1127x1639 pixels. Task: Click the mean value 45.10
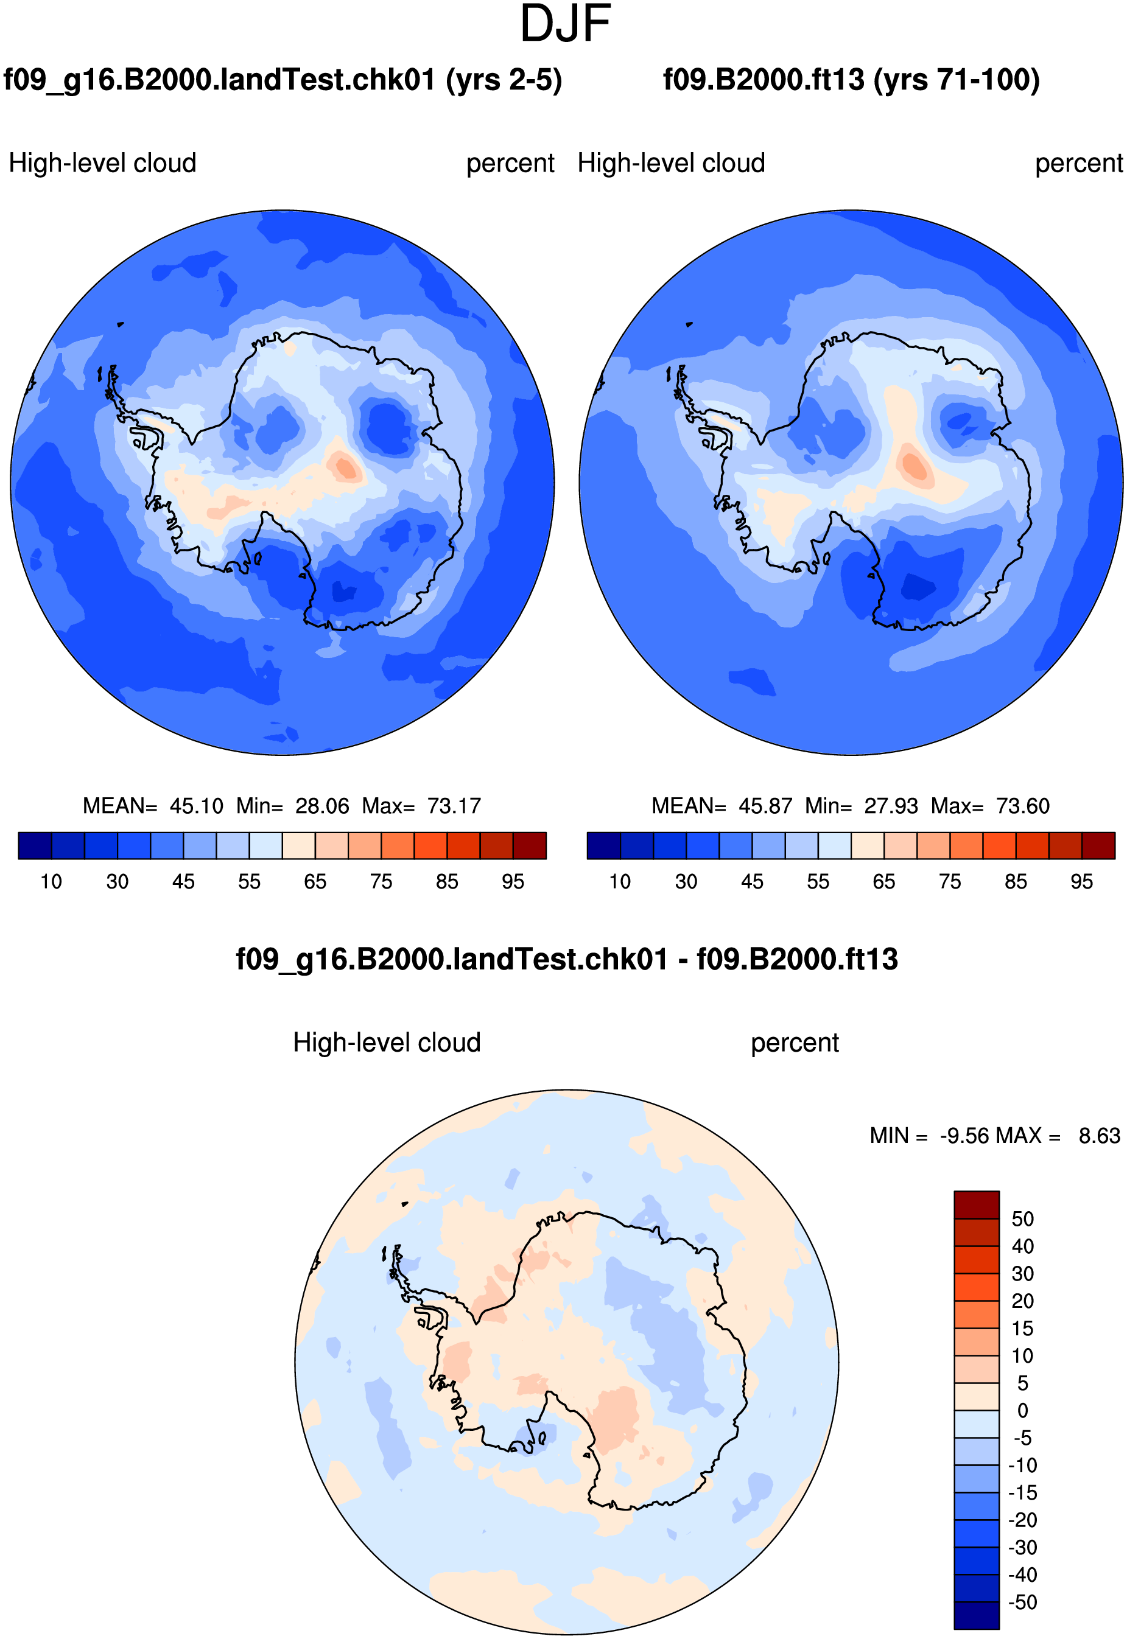196,806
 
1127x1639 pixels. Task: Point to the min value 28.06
322,806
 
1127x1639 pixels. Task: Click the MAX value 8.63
1100,1136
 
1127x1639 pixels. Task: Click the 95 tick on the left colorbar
513,882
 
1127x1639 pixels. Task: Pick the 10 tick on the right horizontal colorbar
620,882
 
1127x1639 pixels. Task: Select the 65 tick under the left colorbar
315,882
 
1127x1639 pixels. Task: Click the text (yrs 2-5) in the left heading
504,80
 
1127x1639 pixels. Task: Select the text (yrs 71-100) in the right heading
957,80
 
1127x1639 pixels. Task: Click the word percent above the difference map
795,1044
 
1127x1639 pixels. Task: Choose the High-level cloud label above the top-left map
102,163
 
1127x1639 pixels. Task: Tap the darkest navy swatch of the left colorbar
35,845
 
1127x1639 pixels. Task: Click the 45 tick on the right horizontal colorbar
752,882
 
